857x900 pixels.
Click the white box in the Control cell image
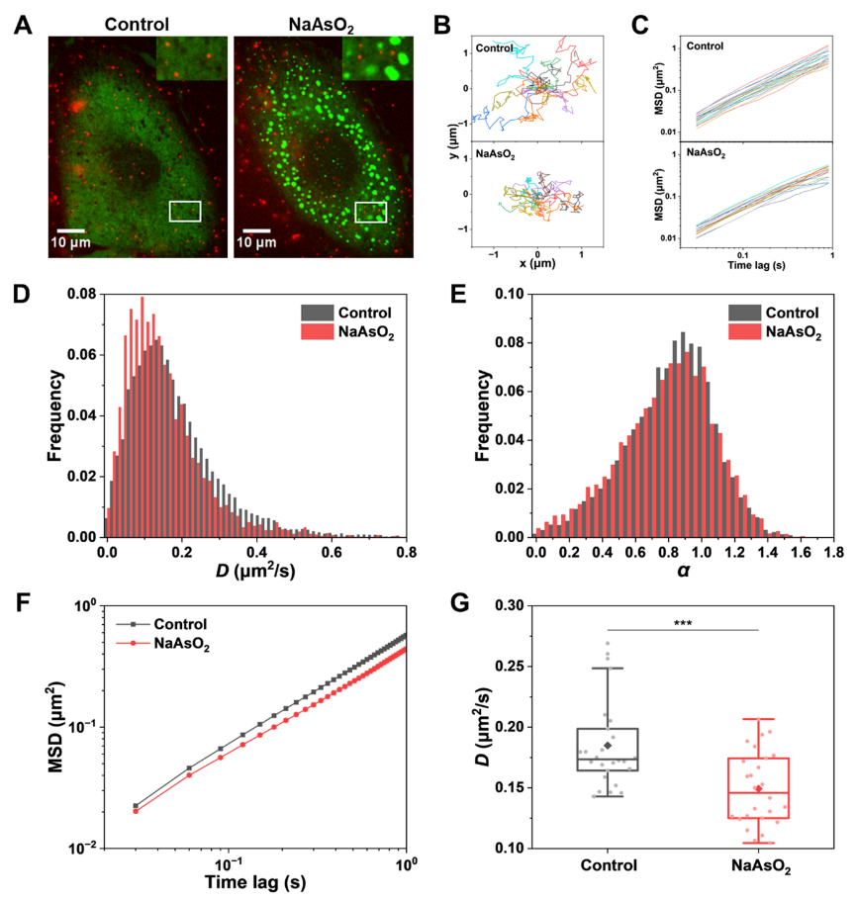coord(185,212)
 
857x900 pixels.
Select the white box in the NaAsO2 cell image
coord(370,212)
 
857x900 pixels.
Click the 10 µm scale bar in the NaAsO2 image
coord(256,230)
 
